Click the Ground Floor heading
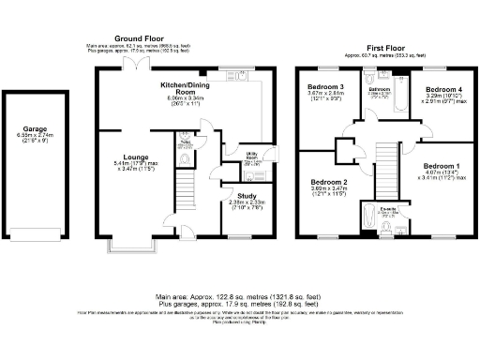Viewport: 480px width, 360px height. tap(141, 38)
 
